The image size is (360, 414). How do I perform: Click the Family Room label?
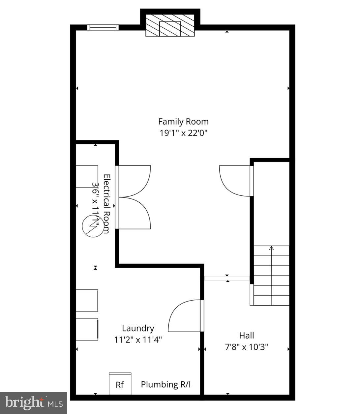pos(183,122)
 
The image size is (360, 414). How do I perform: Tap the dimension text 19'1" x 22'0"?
pos(183,133)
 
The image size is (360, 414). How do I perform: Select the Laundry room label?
pos(138,328)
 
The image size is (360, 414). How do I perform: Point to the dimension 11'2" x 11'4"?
pos(138,340)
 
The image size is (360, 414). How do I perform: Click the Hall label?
pos(247,336)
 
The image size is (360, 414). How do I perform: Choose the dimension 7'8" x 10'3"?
pos(247,347)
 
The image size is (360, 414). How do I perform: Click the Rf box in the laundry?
pos(120,384)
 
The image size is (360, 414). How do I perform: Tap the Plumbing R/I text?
pos(166,384)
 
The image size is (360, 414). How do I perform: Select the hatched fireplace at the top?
pos(170,25)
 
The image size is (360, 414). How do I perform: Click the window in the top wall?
pos(103,27)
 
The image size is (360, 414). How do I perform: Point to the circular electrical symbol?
pos(92,226)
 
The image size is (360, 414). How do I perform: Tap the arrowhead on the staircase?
pos(271,248)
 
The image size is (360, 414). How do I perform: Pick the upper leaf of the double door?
pos(134,181)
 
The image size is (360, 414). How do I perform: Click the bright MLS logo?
pos(34,402)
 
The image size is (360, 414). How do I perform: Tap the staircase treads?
pos(271,276)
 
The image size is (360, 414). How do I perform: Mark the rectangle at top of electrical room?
pos(87,177)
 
